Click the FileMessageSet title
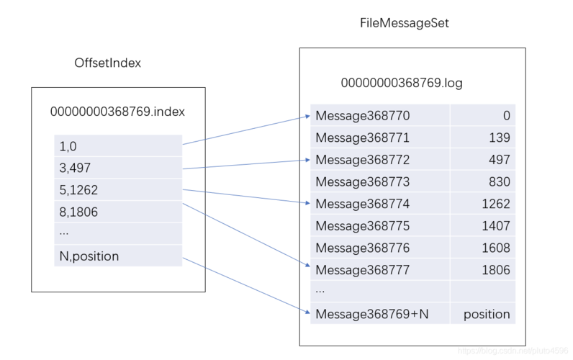[405, 24]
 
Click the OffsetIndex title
[108, 63]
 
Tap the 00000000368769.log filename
[401, 84]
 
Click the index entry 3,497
[75, 168]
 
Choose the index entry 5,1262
[78, 191]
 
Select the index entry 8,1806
[78, 212]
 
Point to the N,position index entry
[89, 256]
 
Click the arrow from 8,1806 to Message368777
[245, 235]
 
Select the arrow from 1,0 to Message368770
[245, 130]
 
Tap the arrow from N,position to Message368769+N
[245, 285]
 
